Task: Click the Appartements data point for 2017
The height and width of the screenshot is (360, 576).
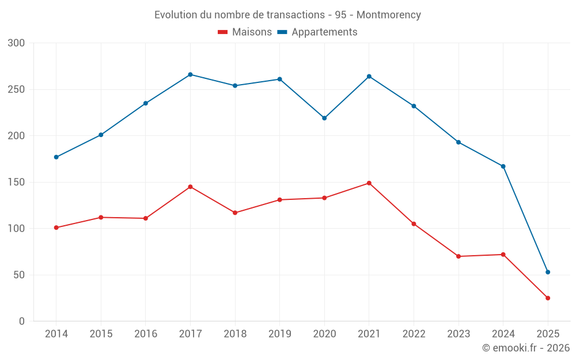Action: [x=190, y=74]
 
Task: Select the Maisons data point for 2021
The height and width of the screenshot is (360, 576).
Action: [x=369, y=183]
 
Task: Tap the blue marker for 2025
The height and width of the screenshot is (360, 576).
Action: [x=548, y=272]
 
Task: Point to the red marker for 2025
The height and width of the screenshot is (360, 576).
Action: [x=548, y=298]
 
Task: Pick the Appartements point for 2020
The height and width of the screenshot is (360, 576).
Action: [x=324, y=118]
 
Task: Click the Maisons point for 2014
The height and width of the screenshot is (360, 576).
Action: [x=56, y=228]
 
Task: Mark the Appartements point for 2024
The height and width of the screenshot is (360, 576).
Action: [x=503, y=166]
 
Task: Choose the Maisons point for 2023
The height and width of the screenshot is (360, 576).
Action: [x=458, y=256]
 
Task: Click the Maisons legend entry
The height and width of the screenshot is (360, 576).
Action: [x=245, y=32]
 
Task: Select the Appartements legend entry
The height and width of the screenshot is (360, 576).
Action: [x=317, y=32]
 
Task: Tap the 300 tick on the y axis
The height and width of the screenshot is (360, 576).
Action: [x=17, y=43]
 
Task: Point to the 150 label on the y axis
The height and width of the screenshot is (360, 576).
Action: [x=17, y=182]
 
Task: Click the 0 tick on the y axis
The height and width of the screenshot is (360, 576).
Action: [x=22, y=321]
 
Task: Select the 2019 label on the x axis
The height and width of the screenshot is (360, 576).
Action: [x=280, y=334]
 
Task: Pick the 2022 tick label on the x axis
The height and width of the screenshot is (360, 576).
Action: [x=414, y=334]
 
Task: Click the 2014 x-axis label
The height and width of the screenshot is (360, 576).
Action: [x=56, y=334]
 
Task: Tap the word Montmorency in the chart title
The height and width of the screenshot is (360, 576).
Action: [x=389, y=14]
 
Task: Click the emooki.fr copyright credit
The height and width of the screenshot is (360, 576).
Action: [x=526, y=348]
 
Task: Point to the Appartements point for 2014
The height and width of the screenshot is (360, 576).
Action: [x=56, y=157]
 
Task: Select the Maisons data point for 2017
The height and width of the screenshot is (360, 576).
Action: [x=190, y=187]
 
